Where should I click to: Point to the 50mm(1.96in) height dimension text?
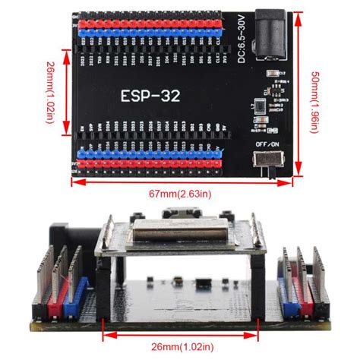click(x=313, y=99)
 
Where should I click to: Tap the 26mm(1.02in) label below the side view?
click(x=182, y=344)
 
